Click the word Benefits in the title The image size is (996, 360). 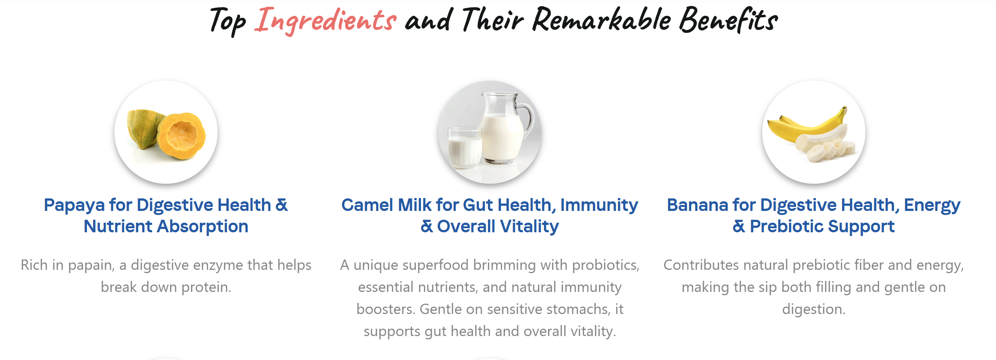coord(728,20)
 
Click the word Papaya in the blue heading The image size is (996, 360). coord(74,205)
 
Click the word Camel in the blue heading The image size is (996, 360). coord(367,205)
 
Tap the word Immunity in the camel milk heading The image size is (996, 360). coord(599,205)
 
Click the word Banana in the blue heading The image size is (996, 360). coord(697,205)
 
